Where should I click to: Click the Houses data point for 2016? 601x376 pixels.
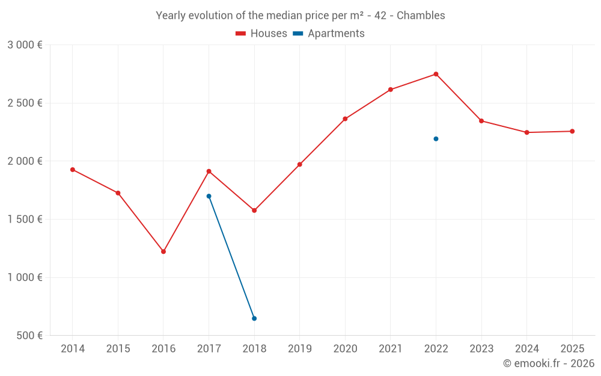click(163, 251)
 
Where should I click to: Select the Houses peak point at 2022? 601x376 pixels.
click(436, 74)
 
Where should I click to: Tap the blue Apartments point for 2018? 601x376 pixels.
click(254, 318)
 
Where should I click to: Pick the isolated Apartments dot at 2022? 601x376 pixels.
click(436, 139)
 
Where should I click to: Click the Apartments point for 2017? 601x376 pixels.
click(209, 196)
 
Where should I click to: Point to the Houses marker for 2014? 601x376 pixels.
click(73, 170)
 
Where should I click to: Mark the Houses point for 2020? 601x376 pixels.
click(345, 119)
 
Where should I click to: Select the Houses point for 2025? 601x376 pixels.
click(572, 131)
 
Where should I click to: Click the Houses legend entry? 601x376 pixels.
click(261, 34)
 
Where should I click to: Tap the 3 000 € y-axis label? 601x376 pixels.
click(25, 45)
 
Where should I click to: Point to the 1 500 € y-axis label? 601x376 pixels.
click(25, 220)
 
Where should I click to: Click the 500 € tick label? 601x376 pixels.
click(29, 336)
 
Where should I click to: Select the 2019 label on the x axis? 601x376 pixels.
click(299, 349)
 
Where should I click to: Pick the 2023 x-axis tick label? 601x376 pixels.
click(481, 349)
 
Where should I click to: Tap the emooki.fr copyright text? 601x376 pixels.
click(549, 363)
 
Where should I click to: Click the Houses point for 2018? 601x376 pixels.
click(254, 211)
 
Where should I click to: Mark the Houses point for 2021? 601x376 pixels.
click(391, 90)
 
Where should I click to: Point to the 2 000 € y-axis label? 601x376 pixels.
click(25, 161)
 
